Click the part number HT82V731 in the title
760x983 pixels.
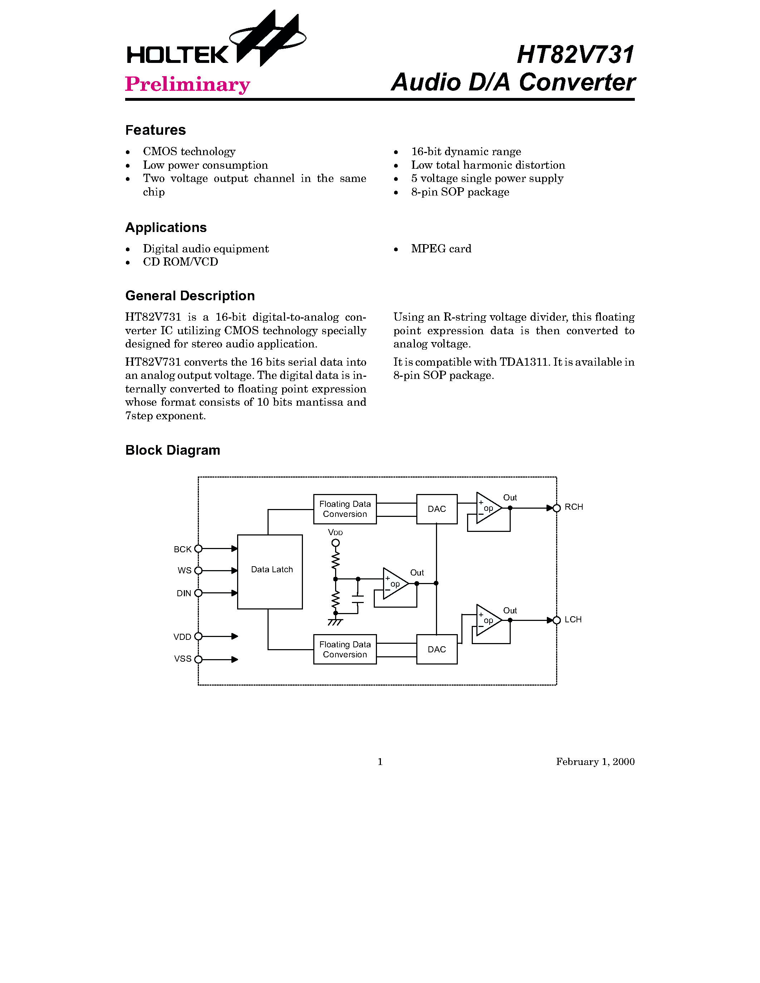coord(575,55)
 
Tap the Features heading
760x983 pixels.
coord(155,130)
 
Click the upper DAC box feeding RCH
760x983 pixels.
coord(437,509)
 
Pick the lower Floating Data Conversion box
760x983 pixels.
coord(345,649)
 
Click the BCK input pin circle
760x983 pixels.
coord(198,549)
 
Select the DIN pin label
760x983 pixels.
coord(184,594)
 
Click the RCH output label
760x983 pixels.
coord(574,507)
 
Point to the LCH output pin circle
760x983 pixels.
coord(556,620)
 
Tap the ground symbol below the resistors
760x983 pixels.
coord(335,622)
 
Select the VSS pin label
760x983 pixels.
coord(182,659)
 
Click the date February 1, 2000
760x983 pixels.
coord(595,761)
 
